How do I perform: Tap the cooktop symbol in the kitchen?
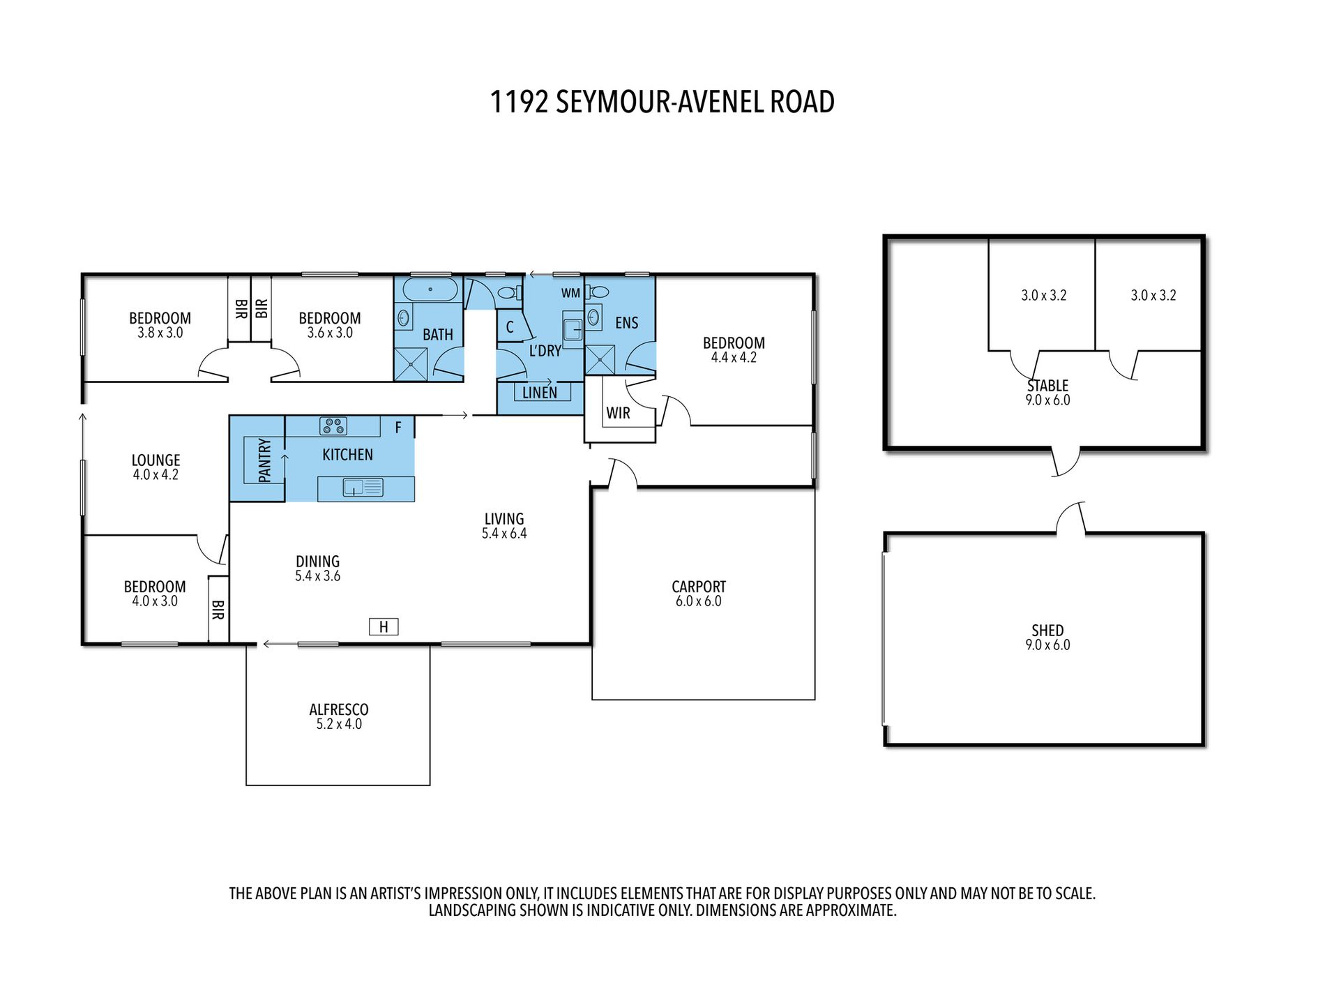click(333, 426)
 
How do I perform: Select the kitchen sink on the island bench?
click(363, 488)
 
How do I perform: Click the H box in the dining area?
click(384, 627)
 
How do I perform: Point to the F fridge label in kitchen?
click(398, 428)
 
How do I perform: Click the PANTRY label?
click(264, 460)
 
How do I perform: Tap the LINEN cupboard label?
click(540, 393)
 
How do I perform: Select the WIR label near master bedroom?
click(618, 413)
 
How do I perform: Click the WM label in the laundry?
click(570, 294)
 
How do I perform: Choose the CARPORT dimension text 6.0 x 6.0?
click(698, 601)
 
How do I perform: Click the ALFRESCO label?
click(339, 709)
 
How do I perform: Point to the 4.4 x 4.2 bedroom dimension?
click(734, 358)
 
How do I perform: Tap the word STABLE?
click(1047, 386)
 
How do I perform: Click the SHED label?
click(1047, 631)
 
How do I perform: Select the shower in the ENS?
click(600, 361)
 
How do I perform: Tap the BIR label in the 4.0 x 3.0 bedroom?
click(218, 610)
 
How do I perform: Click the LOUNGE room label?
click(156, 460)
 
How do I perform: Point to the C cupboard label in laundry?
click(510, 327)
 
